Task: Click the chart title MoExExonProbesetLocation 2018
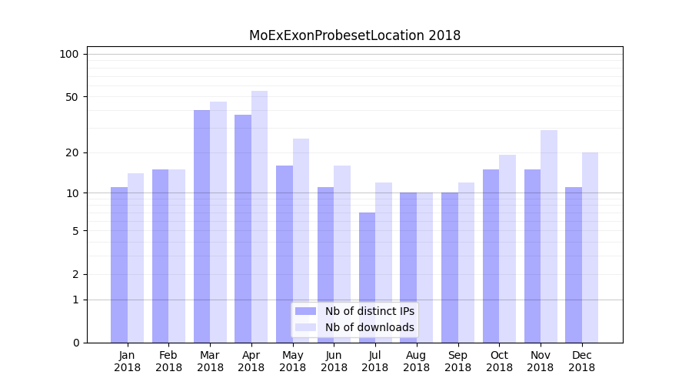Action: (354, 35)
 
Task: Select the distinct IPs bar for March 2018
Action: (201, 226)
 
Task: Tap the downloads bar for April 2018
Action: (259, 216)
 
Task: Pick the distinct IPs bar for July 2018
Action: (367, 277)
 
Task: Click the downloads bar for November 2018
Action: (548, 236)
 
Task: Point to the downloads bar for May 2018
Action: (301, 240)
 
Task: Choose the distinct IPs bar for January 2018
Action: (119, 265)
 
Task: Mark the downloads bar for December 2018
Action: (590, 247)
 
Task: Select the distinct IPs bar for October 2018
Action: (491, 256)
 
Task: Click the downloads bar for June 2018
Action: (342, 254)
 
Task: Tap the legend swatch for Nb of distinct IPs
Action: (305, 311)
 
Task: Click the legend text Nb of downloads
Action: (369, 327)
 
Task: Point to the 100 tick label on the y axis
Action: (69, 54)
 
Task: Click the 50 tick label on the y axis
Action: (72, 97)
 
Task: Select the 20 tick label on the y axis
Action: (72, 152)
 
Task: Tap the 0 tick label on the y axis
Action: (75, 343)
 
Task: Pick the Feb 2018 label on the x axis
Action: (168, 361)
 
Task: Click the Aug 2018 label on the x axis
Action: (416, 361)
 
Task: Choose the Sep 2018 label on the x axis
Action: (457, 361)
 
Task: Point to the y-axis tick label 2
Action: (75, 274)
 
